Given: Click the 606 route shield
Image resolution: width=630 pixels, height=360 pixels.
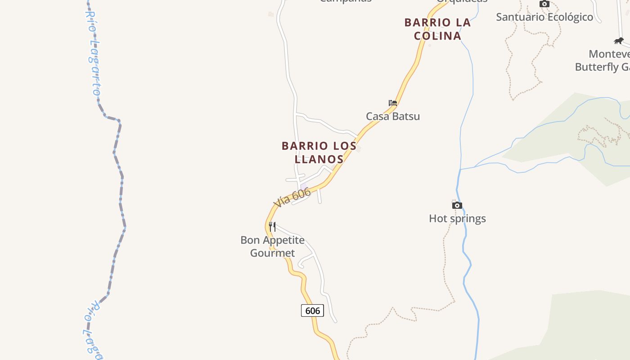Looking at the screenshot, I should click(312, 310).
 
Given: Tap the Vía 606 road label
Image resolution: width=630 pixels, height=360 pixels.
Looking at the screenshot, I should click(292, 198).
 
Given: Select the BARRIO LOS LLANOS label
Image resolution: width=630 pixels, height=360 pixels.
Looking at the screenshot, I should click(319, 152).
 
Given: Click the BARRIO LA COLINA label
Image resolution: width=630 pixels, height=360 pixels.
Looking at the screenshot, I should click(437, 29).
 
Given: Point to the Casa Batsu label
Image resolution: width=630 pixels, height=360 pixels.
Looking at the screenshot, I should click(393, 116).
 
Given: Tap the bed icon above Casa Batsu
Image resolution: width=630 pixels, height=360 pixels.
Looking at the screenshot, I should click(393, 103).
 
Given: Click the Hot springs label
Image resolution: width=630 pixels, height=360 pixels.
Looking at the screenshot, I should click(457, 218).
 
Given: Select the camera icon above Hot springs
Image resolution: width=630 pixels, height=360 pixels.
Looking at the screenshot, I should click(457, 205).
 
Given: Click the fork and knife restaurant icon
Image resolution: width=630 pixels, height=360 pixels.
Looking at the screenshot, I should click(272, 226).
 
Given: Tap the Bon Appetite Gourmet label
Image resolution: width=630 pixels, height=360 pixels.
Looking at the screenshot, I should click(272, 246).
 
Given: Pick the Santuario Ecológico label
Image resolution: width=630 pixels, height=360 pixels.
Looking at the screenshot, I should click(544, 17).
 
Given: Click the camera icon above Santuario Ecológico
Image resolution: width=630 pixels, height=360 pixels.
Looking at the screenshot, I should click(544, 4).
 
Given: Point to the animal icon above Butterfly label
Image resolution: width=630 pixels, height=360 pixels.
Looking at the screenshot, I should click(619, 41).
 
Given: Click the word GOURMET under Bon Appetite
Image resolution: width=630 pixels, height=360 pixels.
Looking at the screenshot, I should click(272, 253).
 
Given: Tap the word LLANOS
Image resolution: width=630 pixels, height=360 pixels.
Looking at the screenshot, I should click(319, 159).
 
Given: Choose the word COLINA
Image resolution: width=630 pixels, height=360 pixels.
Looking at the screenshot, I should click(437, 36).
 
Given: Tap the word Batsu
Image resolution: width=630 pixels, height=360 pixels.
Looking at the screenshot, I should click(406, 116).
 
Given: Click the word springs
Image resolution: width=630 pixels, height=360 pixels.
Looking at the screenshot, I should click(470, 219).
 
